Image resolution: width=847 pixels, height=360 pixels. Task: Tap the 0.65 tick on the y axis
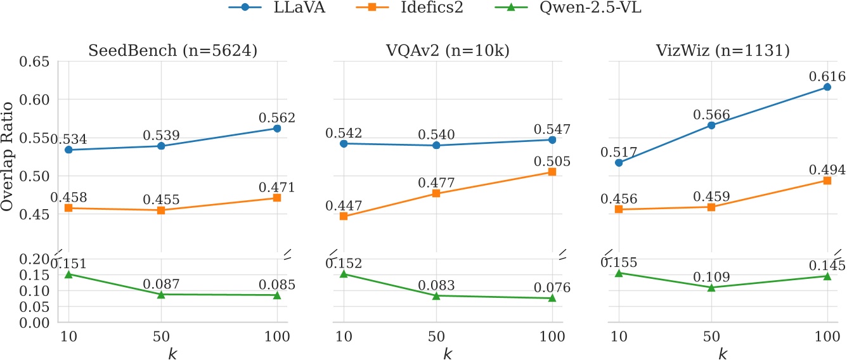(36, 61)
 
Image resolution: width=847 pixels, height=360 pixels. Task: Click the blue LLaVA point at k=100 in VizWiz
(827, 87)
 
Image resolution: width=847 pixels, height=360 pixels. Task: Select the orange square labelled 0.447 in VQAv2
(344, 216)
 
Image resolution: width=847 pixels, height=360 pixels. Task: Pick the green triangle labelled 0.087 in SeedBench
(162, 294)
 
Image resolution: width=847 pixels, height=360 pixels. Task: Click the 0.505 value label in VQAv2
(552, 162)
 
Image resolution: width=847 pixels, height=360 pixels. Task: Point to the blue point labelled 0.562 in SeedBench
(277, 129)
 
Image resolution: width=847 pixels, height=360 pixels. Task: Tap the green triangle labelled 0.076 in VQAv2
(552, 298)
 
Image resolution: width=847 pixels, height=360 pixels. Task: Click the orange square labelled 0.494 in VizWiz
(827, 181)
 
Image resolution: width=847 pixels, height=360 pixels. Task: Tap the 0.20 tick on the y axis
(36, 259)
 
